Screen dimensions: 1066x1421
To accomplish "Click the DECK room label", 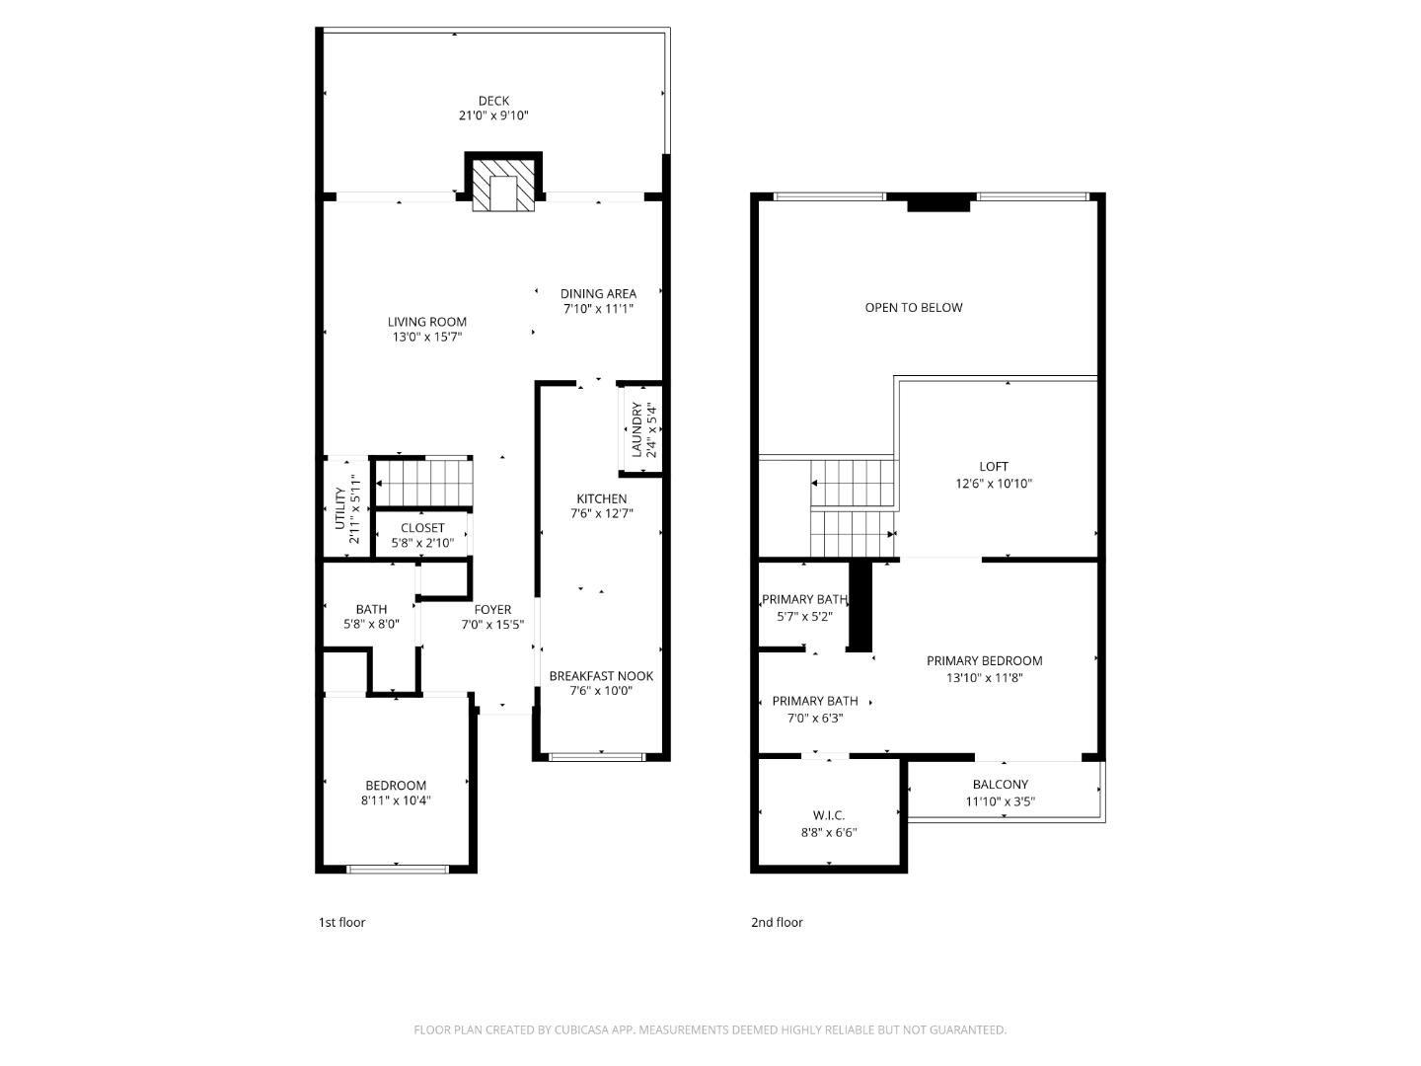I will tap(493, 101).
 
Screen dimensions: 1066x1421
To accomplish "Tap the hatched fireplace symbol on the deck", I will tap(503, 186).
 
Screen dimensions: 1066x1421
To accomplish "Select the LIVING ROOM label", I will tap(426, 322).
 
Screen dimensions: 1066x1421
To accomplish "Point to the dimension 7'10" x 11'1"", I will tap(598, 308).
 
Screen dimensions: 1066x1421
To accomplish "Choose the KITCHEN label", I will tap(601, 498).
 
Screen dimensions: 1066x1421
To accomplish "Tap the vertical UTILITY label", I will tap(340, 508).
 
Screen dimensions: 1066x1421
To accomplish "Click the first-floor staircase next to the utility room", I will tap(425, 484).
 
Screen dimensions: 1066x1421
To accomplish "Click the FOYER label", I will tap(492, 609).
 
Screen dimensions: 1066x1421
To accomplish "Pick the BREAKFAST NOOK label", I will tap(601, 676).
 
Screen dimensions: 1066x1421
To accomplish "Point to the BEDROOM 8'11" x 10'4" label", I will tap(395, 786).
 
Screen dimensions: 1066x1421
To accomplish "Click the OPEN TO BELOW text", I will tap(913, 307).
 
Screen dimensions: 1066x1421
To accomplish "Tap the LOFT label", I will tap(994, 467).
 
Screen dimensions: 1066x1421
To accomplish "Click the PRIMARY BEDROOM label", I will tap(984, 661).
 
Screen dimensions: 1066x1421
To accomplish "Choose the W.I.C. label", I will tap(828, 815).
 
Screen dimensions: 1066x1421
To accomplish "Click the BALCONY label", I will tap(1000, 785).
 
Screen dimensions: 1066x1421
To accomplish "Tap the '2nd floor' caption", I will tap(777, 922).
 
